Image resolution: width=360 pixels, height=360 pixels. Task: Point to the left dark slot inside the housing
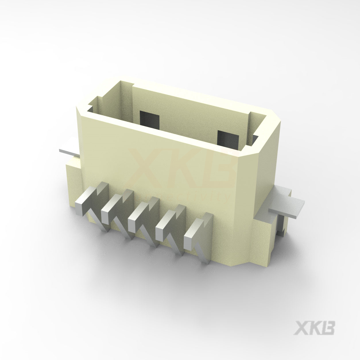[149, 120]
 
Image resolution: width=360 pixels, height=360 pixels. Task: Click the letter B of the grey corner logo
[328, 328]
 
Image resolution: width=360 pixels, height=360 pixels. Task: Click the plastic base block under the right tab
[266, 238]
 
